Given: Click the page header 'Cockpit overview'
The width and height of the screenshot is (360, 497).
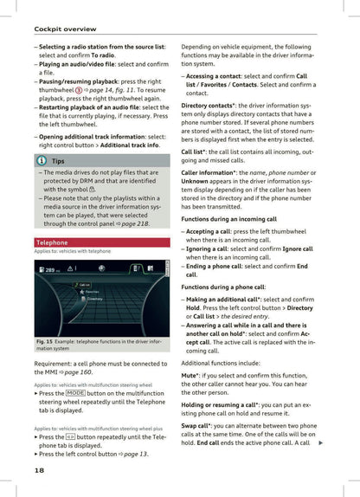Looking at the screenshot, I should tap(59, 29).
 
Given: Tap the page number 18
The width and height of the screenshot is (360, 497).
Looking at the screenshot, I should tap(40, 469).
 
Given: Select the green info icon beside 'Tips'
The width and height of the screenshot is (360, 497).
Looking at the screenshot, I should tap(41, 161).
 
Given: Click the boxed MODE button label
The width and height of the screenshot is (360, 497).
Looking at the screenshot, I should tap(74, 393).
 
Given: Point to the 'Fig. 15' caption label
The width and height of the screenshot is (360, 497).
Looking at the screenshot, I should tap(46, 342).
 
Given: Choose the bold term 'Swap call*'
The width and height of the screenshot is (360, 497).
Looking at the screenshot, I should tap(202, 426).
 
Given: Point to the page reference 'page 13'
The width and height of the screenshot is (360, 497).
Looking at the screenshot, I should tap(135, 453).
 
